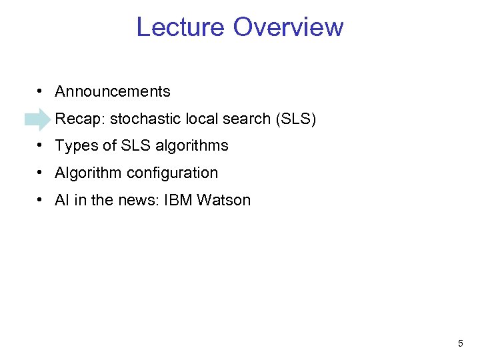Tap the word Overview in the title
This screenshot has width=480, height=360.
coord(289,27)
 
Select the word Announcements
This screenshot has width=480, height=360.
coord(113,91)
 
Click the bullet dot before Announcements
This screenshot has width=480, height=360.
coord(41,91)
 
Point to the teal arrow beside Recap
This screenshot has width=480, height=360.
coord(37,119)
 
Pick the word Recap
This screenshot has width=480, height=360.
coord(80,119)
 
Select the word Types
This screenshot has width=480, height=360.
coord(75,146)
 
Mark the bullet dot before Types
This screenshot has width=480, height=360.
coord(41,145)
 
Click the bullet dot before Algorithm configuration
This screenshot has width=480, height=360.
coord(41,173)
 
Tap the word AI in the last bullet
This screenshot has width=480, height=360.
coord(62,200)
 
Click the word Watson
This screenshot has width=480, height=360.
coord(224,200)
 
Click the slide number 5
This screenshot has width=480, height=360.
coord(460,344)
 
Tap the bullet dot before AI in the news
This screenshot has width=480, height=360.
coord(41,200)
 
